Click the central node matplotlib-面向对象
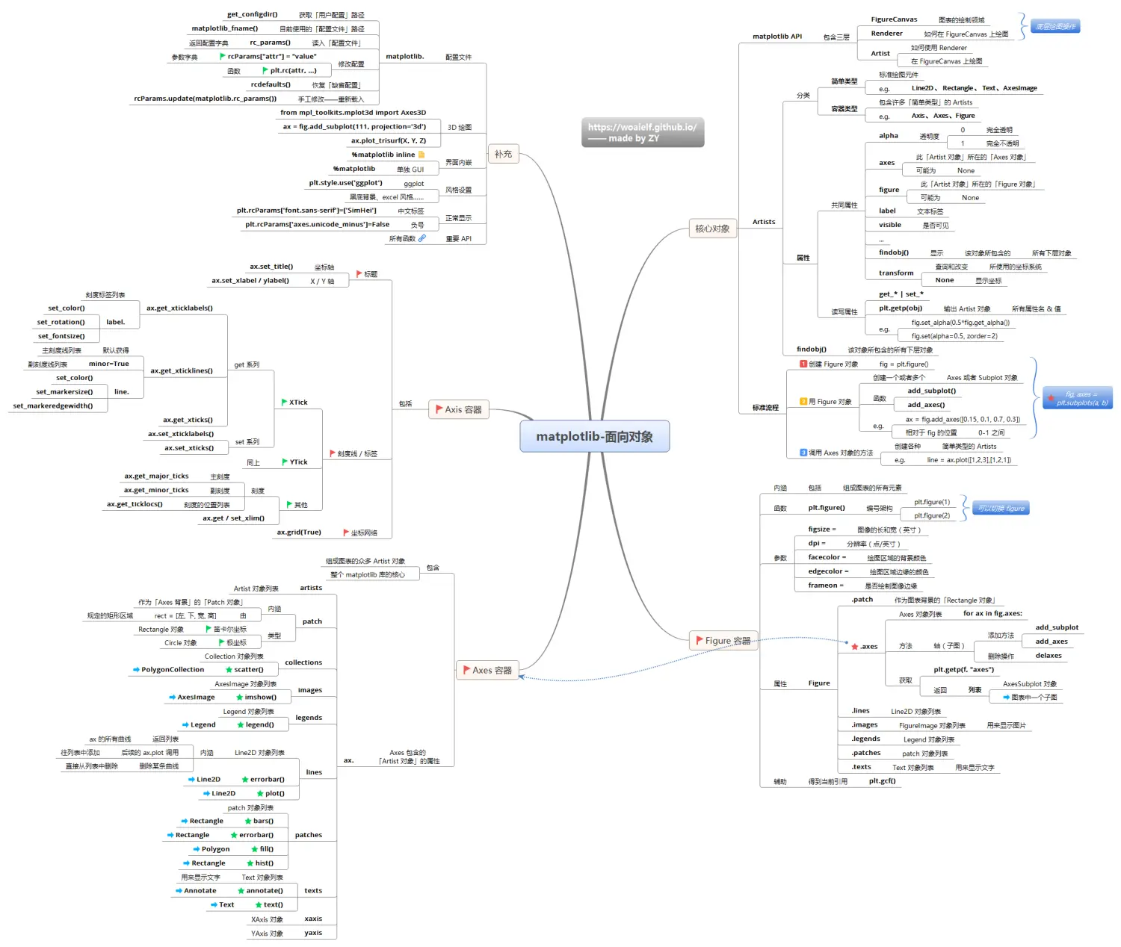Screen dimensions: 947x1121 (x=594, y=437)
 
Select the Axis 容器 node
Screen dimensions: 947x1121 (x=459, y=409)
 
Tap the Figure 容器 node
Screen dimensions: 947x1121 (x=723, y=640)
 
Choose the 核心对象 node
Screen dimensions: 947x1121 (x=712, y=229)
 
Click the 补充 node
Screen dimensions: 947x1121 (x=503, y=154)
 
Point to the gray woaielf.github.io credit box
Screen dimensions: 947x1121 (x=642, y=132)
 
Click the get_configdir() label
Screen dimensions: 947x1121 (x=252, y=14)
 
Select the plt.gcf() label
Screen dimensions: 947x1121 (x=882, y=781)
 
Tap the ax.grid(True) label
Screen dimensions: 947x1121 (x=299, y=533)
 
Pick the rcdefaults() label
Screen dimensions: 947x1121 (x=271, y=84)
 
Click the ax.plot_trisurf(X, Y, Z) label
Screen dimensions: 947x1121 (x=389, y=140)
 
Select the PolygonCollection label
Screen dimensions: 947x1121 (x=173, y=670)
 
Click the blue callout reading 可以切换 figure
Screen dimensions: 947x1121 (x=1001, y=509)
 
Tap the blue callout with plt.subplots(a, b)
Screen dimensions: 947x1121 (x=1078, y=398)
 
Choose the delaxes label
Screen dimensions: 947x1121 (x=1049, y=656)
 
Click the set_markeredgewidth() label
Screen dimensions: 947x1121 (x=53, y=406)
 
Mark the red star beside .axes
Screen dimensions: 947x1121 (x=855, y=647)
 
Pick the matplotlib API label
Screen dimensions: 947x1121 (x=777, y=37)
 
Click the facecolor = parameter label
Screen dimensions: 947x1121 (x=827, y=557)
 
